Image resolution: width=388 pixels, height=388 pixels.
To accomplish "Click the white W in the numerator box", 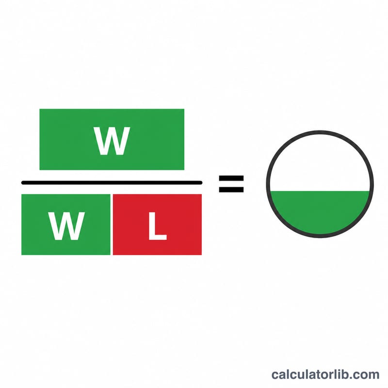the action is [x=112, y=141].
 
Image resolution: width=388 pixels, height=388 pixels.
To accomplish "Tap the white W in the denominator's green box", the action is [x=66, y=226].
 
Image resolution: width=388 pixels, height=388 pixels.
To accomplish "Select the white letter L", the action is [x=158, y=226].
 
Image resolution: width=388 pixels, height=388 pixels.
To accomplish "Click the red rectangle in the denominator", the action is [x=157, y=225].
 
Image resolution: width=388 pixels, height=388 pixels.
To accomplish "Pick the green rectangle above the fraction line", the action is [x=112, y=139].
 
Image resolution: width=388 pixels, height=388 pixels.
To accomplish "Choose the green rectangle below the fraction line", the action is [x=66, y=225].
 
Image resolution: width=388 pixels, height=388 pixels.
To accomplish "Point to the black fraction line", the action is [x=112, y=183].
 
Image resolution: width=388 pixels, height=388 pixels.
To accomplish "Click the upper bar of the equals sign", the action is [x=231, y=178].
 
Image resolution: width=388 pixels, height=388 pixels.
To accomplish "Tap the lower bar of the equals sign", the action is [x=231, y=190].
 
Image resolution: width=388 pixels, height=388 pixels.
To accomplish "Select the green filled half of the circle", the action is [x=320, y=211].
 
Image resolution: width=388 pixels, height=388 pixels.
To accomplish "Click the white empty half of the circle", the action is [x=320, y=163].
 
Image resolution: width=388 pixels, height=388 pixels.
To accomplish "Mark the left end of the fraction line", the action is [x=22, y=183].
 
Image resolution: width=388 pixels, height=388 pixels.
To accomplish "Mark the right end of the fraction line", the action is [x=201, y=183].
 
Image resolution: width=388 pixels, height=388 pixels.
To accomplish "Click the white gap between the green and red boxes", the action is [x=112, y=225].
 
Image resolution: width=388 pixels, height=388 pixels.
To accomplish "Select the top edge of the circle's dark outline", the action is [x=320, y=132].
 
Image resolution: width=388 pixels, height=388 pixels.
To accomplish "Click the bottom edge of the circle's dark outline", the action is [x=320, y=236].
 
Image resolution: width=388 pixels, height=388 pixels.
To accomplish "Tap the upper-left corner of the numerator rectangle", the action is [x=40, y=109].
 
